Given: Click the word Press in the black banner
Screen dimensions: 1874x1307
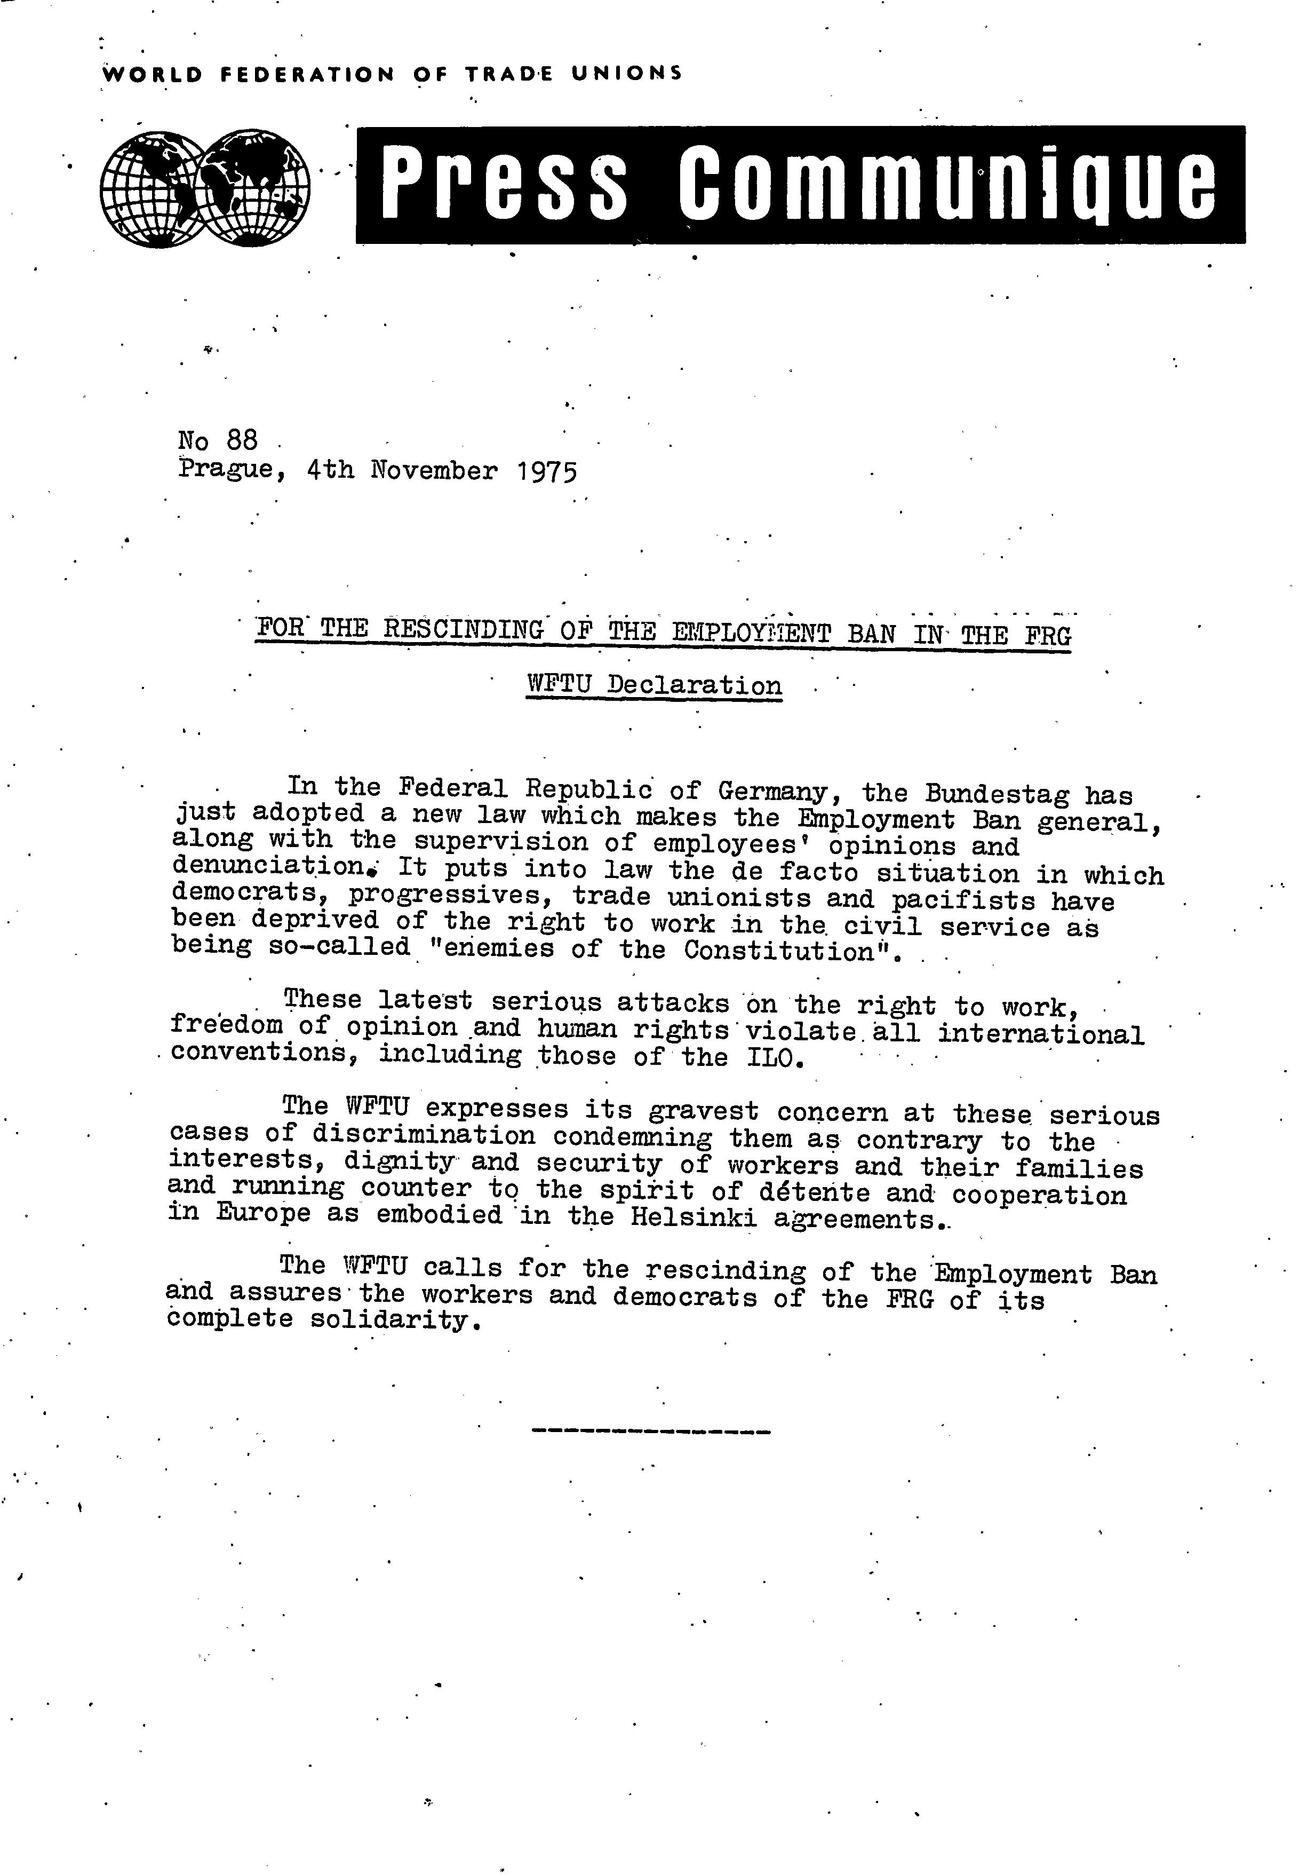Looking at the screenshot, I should [504, 185].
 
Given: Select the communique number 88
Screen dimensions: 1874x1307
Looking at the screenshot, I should [242, 441].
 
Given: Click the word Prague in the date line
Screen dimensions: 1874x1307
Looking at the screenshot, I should [226, 471].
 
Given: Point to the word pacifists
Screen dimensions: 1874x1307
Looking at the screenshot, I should [962, 900].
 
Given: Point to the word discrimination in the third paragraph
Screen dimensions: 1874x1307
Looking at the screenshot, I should [424, 1135].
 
